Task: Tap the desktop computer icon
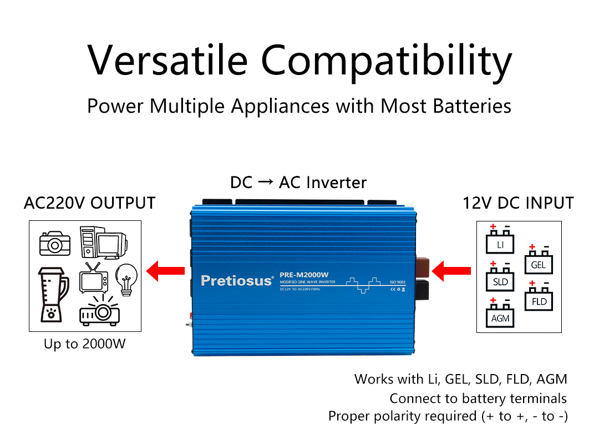(103, 243)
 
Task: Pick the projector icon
(100, 311)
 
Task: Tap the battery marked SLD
(500, 279)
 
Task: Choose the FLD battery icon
(539, 299)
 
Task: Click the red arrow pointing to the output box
(165, 271)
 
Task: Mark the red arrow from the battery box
(451, 272)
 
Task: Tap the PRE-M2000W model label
(304, 275)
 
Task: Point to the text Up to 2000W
(85, 344)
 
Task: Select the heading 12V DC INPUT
(518, 203)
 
